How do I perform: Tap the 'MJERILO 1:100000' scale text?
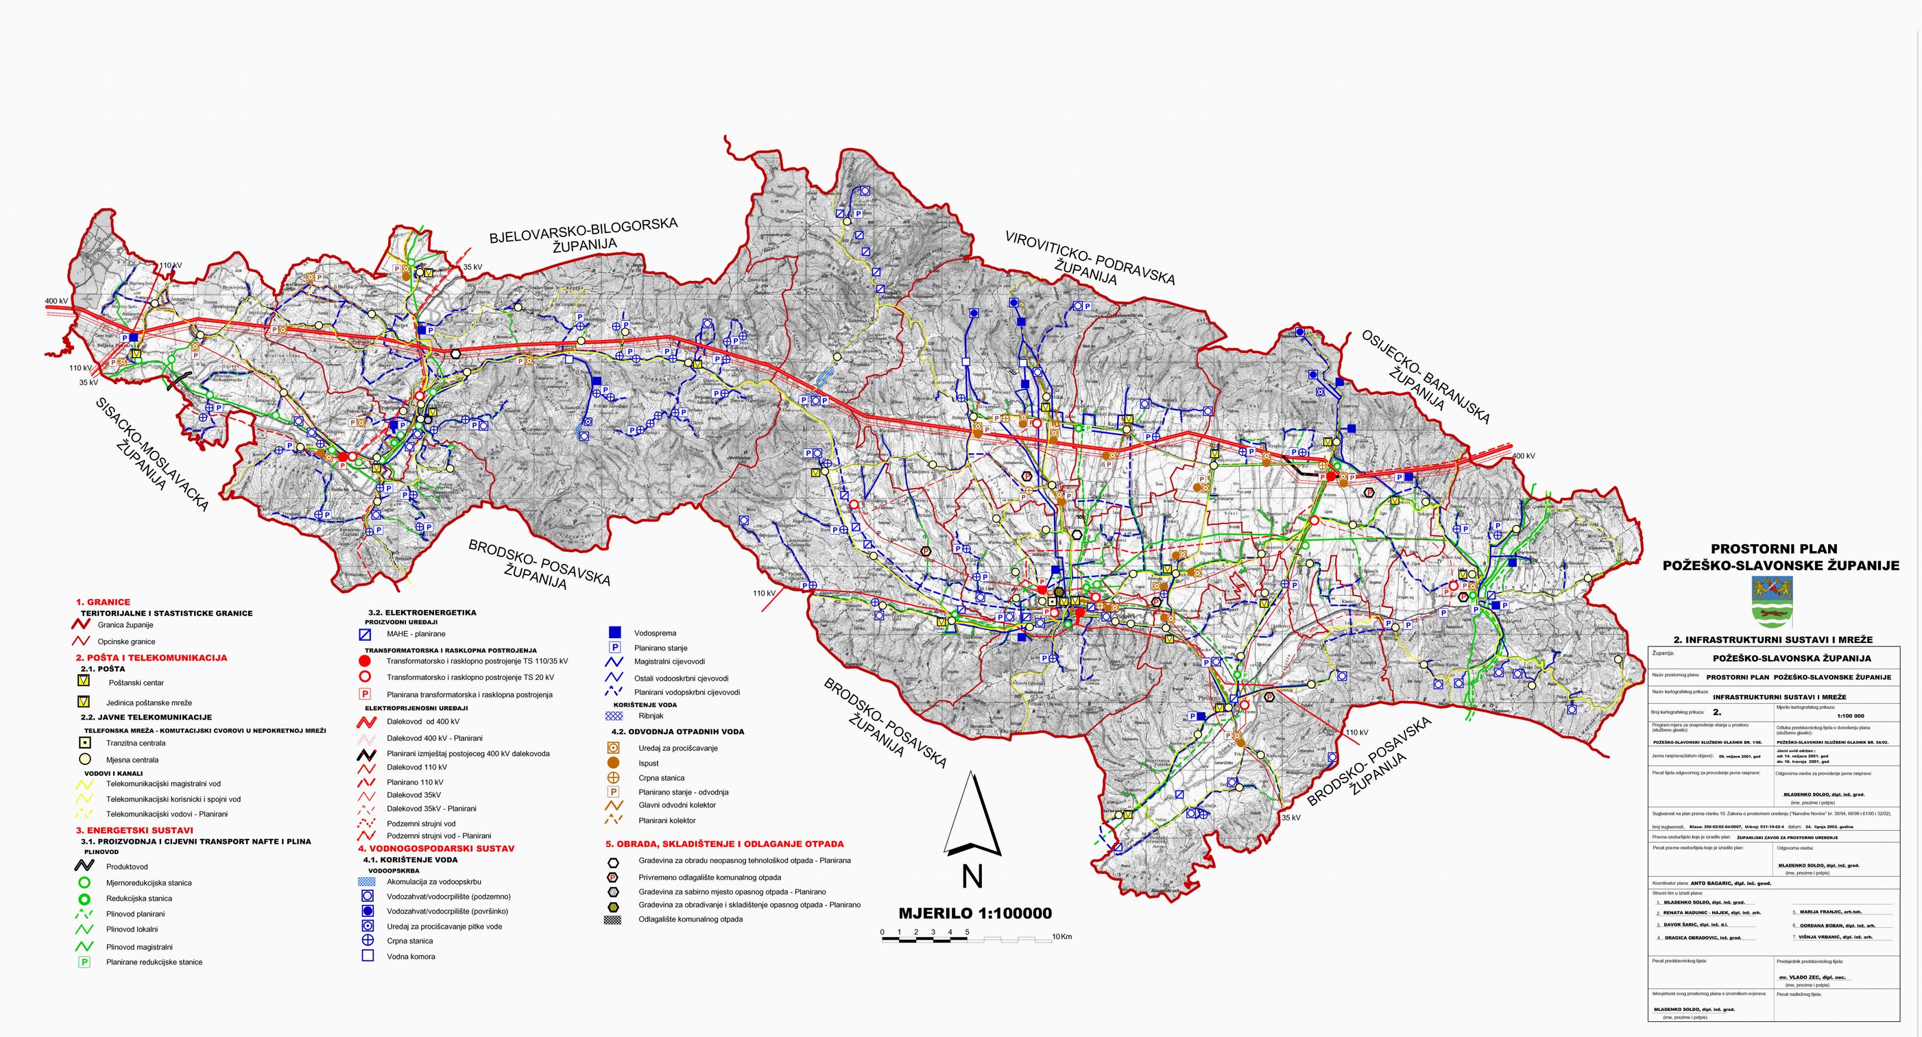(974, 913)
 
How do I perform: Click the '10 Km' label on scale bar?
(1061, 936)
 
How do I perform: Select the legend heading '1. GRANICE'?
(103, 602)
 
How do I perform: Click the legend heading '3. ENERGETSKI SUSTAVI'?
(134, 829)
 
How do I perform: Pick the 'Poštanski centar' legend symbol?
(84, 681)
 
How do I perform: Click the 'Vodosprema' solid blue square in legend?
(615, 632)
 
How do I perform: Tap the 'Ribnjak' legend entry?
(651, 716)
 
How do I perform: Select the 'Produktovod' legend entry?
(127, 866)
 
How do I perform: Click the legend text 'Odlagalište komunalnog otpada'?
(690, 919)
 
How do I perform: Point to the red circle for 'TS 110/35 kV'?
(365, 661)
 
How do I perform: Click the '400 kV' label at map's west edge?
(57, 302)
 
